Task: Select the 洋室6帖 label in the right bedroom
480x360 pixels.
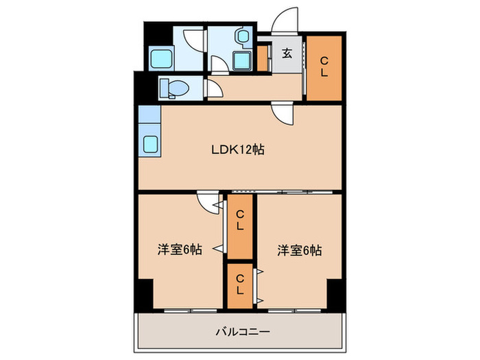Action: [x=300, y=251]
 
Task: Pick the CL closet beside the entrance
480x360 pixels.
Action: [x=324, y=66]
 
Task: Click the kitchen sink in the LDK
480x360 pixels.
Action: [x=150, y=144]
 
